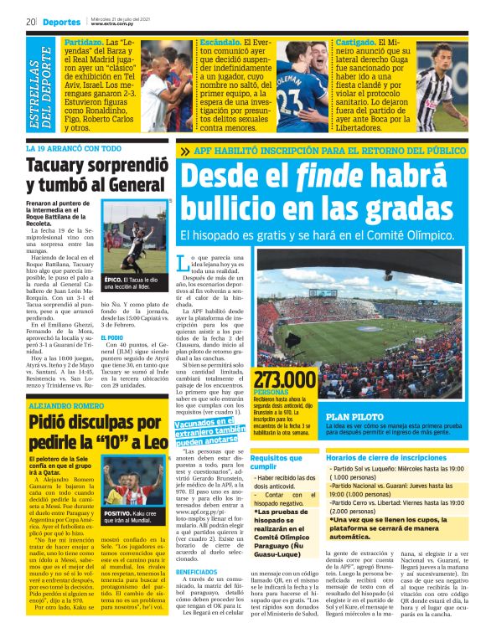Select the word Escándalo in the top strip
221,40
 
